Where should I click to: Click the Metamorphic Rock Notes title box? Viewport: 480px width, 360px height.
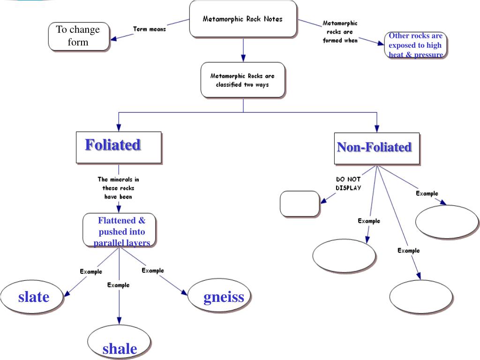pos(243,19)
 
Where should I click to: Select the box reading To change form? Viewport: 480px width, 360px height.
pos(79,37)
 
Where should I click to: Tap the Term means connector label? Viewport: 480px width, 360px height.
pos(150,29)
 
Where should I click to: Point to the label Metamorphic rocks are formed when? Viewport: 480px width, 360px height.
pos(340,32)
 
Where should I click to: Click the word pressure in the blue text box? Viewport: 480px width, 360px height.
pos(428,54)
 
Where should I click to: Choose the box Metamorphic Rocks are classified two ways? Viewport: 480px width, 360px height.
pos(243,80)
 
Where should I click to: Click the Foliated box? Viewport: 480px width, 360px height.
pos(119,148)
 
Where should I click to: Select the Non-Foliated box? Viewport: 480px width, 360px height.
pos(377,149)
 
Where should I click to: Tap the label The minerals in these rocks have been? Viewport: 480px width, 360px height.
pos(118,188)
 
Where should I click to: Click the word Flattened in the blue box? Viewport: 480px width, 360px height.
pos(117,220)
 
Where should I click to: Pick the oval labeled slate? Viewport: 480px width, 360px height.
pos(32,297)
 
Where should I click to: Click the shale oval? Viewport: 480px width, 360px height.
pos(119,342)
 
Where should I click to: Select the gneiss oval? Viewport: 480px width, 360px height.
pos(219,295)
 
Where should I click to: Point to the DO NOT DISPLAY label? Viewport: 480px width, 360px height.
pos(348,184)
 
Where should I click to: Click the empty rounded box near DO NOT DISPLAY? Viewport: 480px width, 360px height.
pos(300,204)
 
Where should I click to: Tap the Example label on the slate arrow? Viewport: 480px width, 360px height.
pos(91,271)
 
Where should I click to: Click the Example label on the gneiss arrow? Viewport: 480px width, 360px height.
pos(153,270)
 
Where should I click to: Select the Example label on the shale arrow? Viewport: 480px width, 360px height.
pos(119,285)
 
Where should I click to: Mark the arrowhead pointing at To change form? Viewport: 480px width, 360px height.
pos(113,39)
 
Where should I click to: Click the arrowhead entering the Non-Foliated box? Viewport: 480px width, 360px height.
pos(377,128)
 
